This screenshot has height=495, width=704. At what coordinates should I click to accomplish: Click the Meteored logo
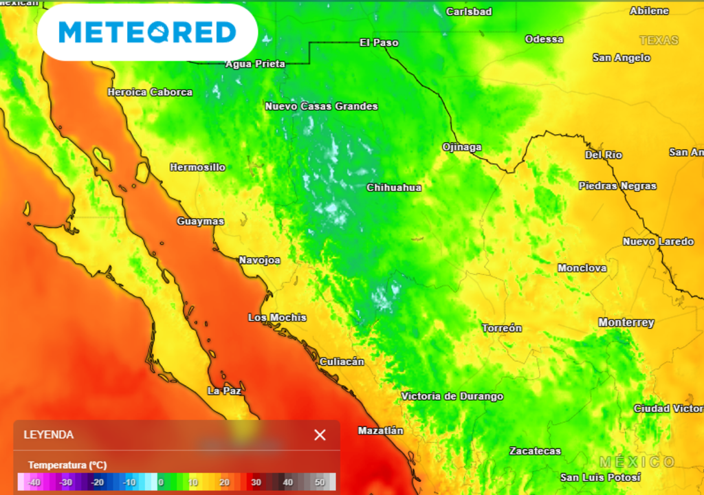click(x=147, y=32)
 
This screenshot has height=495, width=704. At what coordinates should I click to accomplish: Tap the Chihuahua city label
click(x=394, y=188)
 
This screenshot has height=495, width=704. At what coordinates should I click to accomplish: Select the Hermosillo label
click(x=197, y=167)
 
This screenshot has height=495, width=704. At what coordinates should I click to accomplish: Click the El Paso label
click(x=379, y=43)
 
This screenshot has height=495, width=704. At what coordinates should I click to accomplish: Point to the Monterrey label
click(x=626, y=322)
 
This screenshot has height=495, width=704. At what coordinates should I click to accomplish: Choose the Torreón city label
click(x=501, y=329)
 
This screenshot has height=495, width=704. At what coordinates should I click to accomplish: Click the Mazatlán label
click(x=380, y=430)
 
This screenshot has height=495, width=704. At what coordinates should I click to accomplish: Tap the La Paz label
click(x=223, y=390)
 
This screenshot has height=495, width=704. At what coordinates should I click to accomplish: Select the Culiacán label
click(x=342, y=362)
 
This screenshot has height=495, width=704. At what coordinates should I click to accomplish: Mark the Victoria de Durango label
click(x=452, y=397)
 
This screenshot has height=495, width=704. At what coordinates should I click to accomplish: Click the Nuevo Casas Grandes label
click(x=321, y=107)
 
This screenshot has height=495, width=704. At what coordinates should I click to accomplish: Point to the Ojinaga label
click(x=461, y=147)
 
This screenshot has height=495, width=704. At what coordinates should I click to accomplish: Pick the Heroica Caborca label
click(x=150, y=92)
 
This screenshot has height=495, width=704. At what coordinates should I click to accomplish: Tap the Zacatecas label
click(x=535, y=451)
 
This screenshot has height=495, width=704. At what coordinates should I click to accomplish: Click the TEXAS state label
click(x=659, y=41)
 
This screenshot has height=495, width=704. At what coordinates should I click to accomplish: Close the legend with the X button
click(x=320, y=434)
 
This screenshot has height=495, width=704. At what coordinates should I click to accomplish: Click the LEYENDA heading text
click(x=48, y=435)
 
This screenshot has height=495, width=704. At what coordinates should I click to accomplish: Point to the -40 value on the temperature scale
click(x=32, y=483)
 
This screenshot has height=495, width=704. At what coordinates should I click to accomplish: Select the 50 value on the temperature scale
click(x=320, y=483)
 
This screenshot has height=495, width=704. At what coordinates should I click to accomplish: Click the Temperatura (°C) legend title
click(x=67, y=465)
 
